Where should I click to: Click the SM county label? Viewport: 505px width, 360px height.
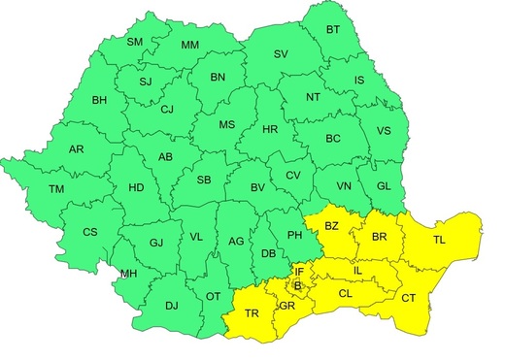point(135,43)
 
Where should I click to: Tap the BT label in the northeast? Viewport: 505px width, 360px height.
point(333,29)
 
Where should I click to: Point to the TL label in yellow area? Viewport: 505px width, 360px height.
point(440,240)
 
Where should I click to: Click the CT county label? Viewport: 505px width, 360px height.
point(410,298)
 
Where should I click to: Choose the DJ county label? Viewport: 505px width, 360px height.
point(171,307)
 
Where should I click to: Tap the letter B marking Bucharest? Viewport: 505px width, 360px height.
point(297,285)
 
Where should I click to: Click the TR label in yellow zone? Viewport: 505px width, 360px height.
point(252,313)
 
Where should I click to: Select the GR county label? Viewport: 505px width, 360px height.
point(286,306)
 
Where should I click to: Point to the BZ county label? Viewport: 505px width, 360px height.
point(331,227)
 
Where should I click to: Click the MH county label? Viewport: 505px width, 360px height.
point(126,276)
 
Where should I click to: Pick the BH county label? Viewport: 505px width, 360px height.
point(99,100)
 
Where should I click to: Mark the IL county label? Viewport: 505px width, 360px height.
point(356,269)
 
